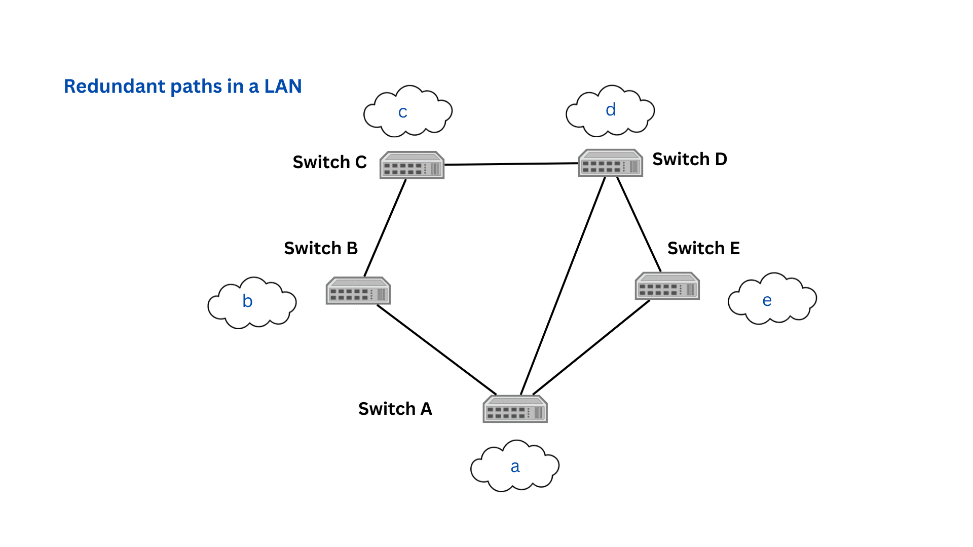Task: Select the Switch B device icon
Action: (358, 291)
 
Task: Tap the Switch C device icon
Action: (411, 165)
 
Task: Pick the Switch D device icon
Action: (610, 163)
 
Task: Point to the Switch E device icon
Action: (667, 286)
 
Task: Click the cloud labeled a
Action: (515, 466)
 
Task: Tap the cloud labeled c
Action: (407, 112)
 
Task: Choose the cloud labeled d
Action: (610, 111)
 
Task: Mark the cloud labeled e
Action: (772, 299)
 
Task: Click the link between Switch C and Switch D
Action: (511, 164)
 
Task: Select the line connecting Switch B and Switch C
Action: (385, 228)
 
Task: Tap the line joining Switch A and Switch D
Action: (563, 286)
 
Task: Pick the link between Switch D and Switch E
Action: (639, 224)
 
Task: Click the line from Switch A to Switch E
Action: (591, 347)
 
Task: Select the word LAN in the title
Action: (283, 87)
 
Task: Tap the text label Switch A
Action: (395, 409)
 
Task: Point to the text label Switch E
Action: (703, 248)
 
